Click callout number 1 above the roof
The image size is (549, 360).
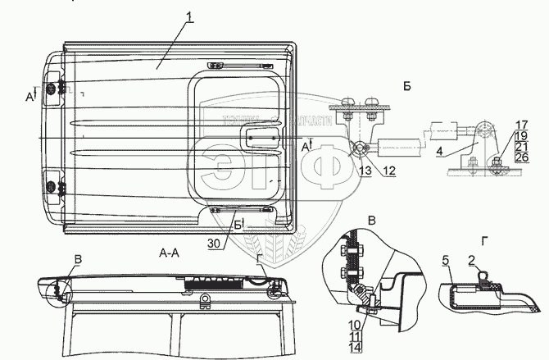coord(189,18)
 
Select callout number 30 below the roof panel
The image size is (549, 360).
coord(213,243)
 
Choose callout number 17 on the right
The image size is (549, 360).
coord(521,125)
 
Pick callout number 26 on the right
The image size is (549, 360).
coord(521,157)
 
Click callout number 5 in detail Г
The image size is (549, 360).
coord(446,261)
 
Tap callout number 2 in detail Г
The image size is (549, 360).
coord(473,261)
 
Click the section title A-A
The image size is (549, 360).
coord(169,255)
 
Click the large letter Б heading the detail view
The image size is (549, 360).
coord(407,85)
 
